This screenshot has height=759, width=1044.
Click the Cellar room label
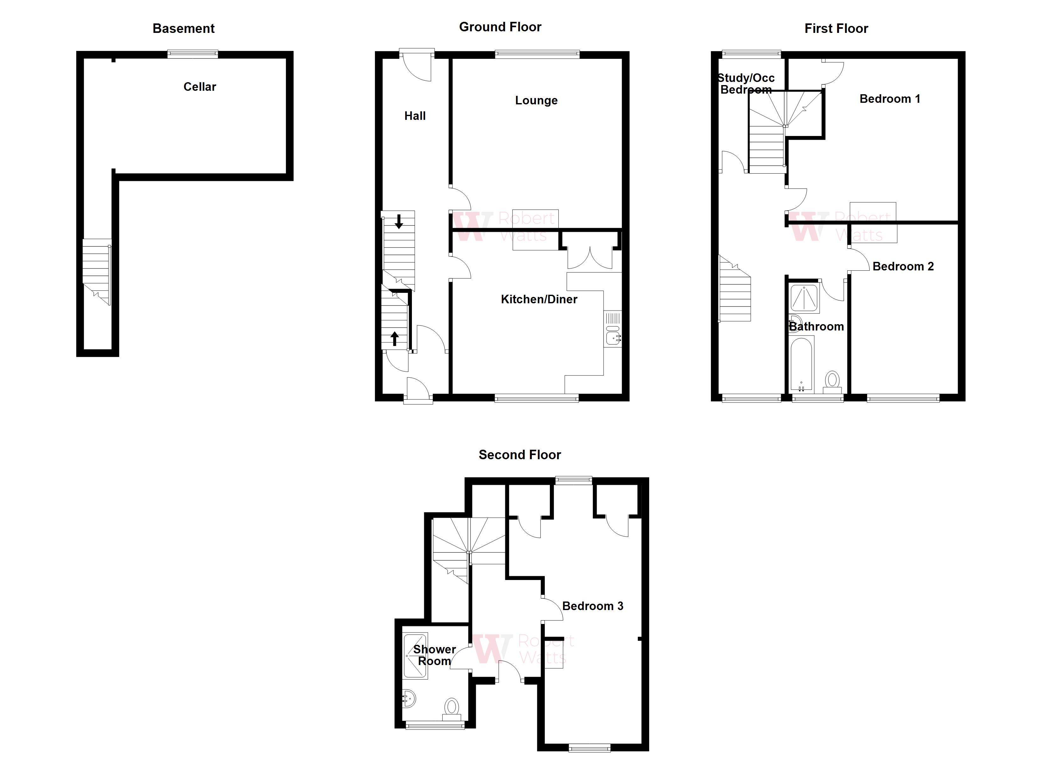tap(199, 87)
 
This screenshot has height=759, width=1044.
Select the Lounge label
tap(536, 100)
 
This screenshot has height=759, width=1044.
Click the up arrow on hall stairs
tap(395, 339)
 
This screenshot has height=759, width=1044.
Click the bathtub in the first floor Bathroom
tap(801, 364)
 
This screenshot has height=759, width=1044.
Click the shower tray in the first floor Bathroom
tap(804, 298)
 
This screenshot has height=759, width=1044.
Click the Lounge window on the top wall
tap(537, 54)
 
